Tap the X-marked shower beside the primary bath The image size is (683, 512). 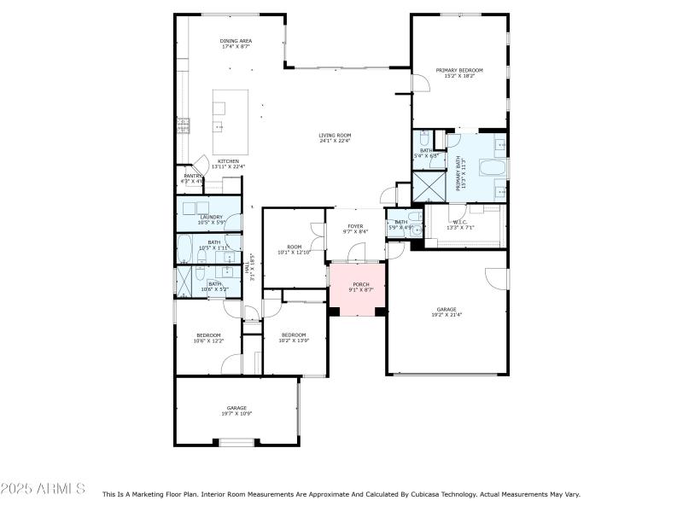pyautogui.click(x=429, y=186)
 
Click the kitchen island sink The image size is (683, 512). pyautogui.click(x=219, y=128)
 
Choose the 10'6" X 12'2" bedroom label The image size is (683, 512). pyautogui.click(x=208, y=338)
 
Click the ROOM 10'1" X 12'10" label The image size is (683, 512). pyautogui.click(x=295, y=249)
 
